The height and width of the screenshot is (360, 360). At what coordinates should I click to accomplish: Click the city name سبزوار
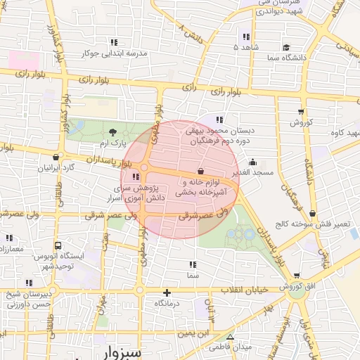pos(131,351)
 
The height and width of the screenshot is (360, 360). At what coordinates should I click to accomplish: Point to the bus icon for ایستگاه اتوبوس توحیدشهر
pos(57,247)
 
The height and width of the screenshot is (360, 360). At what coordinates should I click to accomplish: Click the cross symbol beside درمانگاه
pos(167,292)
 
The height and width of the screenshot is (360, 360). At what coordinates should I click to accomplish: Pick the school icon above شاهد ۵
pos(246,37)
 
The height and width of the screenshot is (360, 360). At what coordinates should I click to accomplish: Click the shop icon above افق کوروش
pos(296,276)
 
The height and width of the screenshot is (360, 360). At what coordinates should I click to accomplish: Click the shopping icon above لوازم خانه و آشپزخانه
pos(201,171)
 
